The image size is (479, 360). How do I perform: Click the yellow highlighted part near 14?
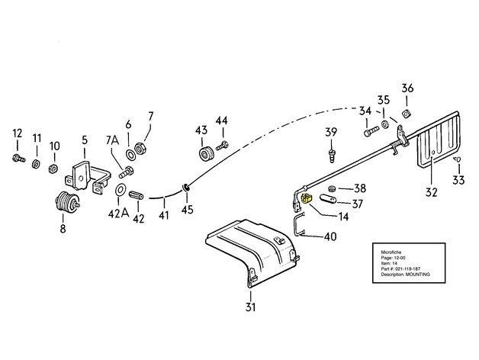click(307, 200)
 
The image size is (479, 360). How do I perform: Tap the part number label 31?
click(250, 307)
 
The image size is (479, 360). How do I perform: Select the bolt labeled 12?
click(18, 159)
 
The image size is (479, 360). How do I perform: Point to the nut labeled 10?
click(54, 167)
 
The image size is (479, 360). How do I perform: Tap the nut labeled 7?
click(141, 147)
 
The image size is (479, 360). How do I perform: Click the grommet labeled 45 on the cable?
click(186, 187)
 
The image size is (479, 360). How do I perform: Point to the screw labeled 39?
click(333, 156)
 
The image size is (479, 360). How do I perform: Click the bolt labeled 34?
click(370, 133)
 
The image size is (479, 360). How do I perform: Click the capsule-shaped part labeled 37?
click(329, 201)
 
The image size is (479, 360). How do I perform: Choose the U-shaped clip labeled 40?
click(299, 226)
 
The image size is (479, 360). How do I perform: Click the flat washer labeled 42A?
click(121, 189)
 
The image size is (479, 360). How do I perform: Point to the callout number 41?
click(162, 217)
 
